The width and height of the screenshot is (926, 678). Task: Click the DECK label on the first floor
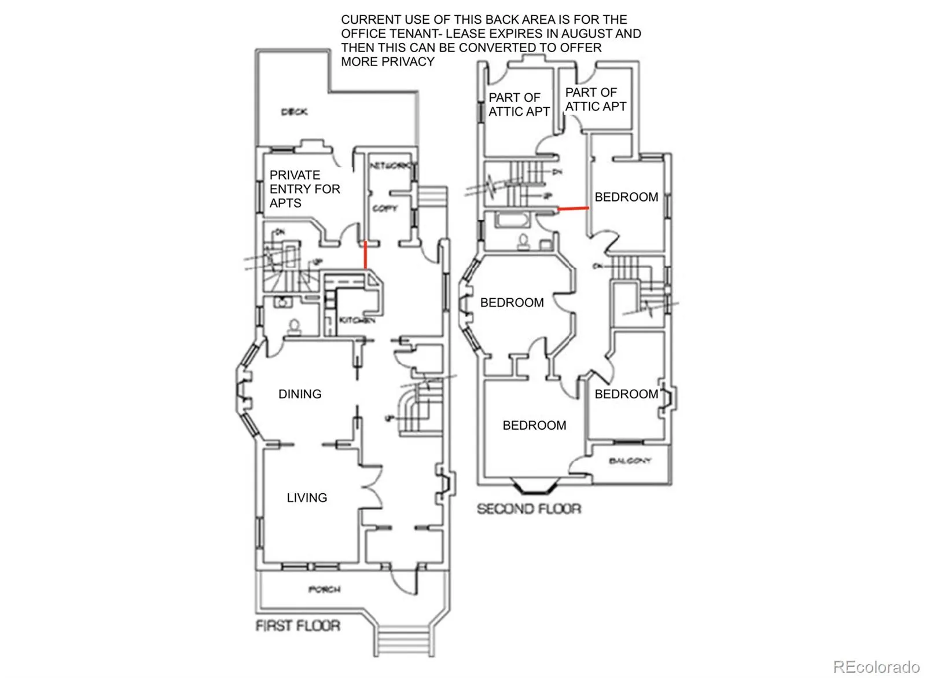[294, 112]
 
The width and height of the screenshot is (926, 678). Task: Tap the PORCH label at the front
[324, 589]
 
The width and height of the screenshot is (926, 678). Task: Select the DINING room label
[300, 394]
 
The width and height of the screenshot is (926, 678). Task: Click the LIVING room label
[307, 498]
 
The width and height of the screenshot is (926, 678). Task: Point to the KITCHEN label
[357, 320]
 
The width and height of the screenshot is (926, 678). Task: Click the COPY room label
[384, 208]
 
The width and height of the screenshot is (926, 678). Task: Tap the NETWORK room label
[391, 166]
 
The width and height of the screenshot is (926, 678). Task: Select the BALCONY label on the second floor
[630, 461]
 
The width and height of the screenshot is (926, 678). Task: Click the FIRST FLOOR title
[297, 626]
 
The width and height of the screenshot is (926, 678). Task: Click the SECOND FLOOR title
[528, 509]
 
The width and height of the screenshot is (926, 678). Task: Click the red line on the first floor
[365, 255]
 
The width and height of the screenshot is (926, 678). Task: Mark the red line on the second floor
[573, 207]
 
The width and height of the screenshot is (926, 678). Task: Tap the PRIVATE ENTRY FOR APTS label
[304, 189]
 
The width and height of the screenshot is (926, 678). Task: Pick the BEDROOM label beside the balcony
[626, 394]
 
